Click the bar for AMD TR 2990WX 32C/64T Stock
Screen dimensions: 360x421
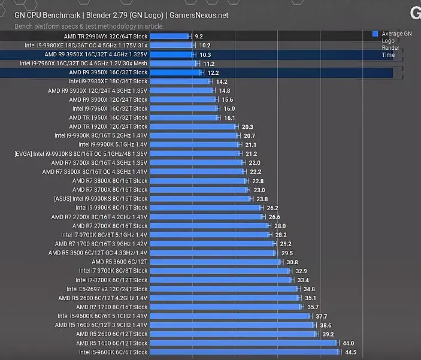point(170,36)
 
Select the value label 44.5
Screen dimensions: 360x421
point(350,352)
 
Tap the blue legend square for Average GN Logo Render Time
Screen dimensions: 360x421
point(375,34)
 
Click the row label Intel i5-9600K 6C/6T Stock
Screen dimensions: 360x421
point(113,352)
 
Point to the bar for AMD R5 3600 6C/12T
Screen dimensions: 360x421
point(215,262)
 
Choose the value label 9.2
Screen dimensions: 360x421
point(199,37)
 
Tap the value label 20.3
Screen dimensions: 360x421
point(247,127)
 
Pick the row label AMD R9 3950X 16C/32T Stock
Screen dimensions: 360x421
point(108,72)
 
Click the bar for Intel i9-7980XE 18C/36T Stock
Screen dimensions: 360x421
point(179,81)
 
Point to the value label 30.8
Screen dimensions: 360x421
point(292,262)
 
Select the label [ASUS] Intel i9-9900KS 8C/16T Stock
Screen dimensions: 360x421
point(101,199)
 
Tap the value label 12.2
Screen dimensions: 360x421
point(213,72)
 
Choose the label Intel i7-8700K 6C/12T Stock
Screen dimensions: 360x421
point(113,280)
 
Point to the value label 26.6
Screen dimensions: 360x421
point(274,217)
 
